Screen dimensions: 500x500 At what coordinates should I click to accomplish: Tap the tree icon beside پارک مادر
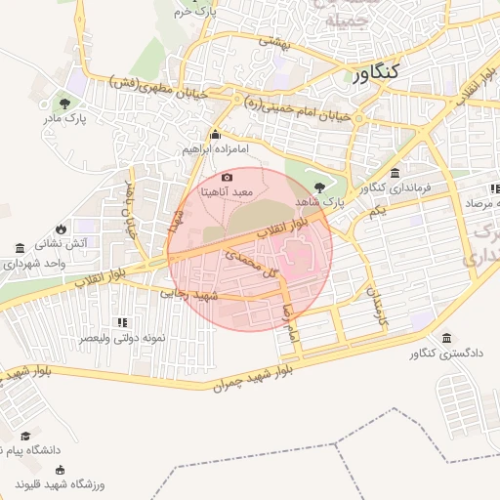click(x=64, y=102)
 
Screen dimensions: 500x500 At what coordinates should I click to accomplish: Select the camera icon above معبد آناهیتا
click(x=228, y=177)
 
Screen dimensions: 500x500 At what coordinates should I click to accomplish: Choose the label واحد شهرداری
click(x=34, y=263)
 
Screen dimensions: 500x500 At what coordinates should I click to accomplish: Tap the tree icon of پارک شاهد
click(x=321, y=187)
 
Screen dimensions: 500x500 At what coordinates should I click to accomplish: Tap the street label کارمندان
click(x=372, y=305)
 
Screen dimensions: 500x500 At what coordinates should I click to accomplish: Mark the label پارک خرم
click(x=198, y=12)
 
